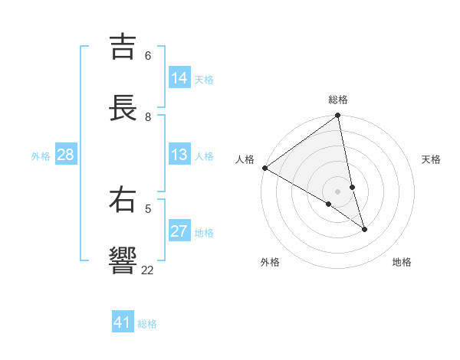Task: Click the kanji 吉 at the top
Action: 123,47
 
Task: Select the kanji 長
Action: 123,108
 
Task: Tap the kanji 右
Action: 123,200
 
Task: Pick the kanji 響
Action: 123,261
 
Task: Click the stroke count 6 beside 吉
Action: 148,56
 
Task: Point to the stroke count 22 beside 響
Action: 147,270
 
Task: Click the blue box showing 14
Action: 179,78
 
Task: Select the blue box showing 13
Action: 179,155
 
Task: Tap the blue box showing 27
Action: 179,231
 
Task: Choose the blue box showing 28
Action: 65,155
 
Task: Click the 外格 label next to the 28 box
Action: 41,156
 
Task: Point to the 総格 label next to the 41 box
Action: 147,324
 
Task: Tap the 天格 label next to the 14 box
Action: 204,80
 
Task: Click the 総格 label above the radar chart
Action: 338,100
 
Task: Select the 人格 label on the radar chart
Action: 245,159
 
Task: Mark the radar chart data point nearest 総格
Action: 338,116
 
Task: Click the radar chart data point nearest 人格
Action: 264,168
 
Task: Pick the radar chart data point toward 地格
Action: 364,229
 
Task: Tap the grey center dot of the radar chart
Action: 337,191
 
